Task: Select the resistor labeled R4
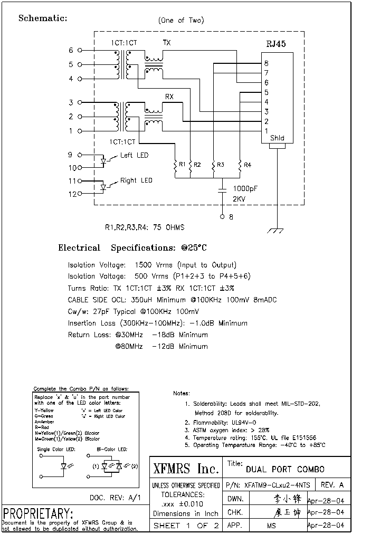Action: click(240, 165)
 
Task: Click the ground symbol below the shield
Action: click(277, 231)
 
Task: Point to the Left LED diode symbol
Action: click(104, 161)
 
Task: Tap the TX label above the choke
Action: click(167, 43)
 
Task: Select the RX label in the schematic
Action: click(169, 97)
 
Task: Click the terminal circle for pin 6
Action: click(80, 51)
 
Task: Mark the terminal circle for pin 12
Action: click(80, 194)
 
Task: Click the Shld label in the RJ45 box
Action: click(277, 138)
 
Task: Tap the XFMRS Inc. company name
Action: click(185, 469)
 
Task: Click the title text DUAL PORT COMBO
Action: click(285, 469)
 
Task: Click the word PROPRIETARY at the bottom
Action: click(38, 513)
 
